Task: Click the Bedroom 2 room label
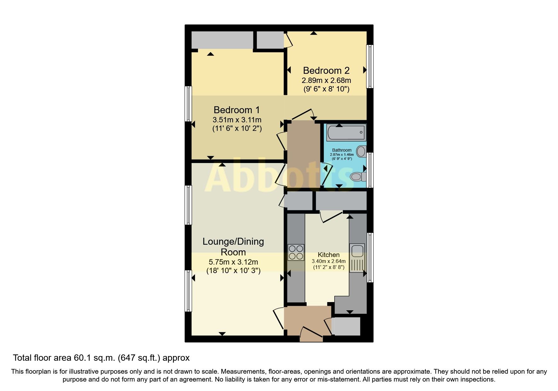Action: point(326,70)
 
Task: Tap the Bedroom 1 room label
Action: point(237,110)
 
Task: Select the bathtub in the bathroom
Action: point(346,133)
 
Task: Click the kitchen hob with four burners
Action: point(296,252)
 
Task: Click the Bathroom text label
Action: point(342,150)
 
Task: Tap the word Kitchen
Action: point(328,254)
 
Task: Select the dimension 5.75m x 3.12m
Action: point(233,262)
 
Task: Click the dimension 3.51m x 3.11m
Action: point(237,120)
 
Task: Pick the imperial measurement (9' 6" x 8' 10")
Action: point(326,89)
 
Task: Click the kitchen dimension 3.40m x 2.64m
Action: point(329,261)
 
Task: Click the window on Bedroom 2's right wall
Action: point(370,66)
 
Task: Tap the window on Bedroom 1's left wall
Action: point(188,104)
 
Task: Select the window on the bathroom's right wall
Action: point(370,170)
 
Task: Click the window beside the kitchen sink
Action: point(370,257)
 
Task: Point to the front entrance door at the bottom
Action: point(311,334)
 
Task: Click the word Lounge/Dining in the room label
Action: point(233,242)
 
